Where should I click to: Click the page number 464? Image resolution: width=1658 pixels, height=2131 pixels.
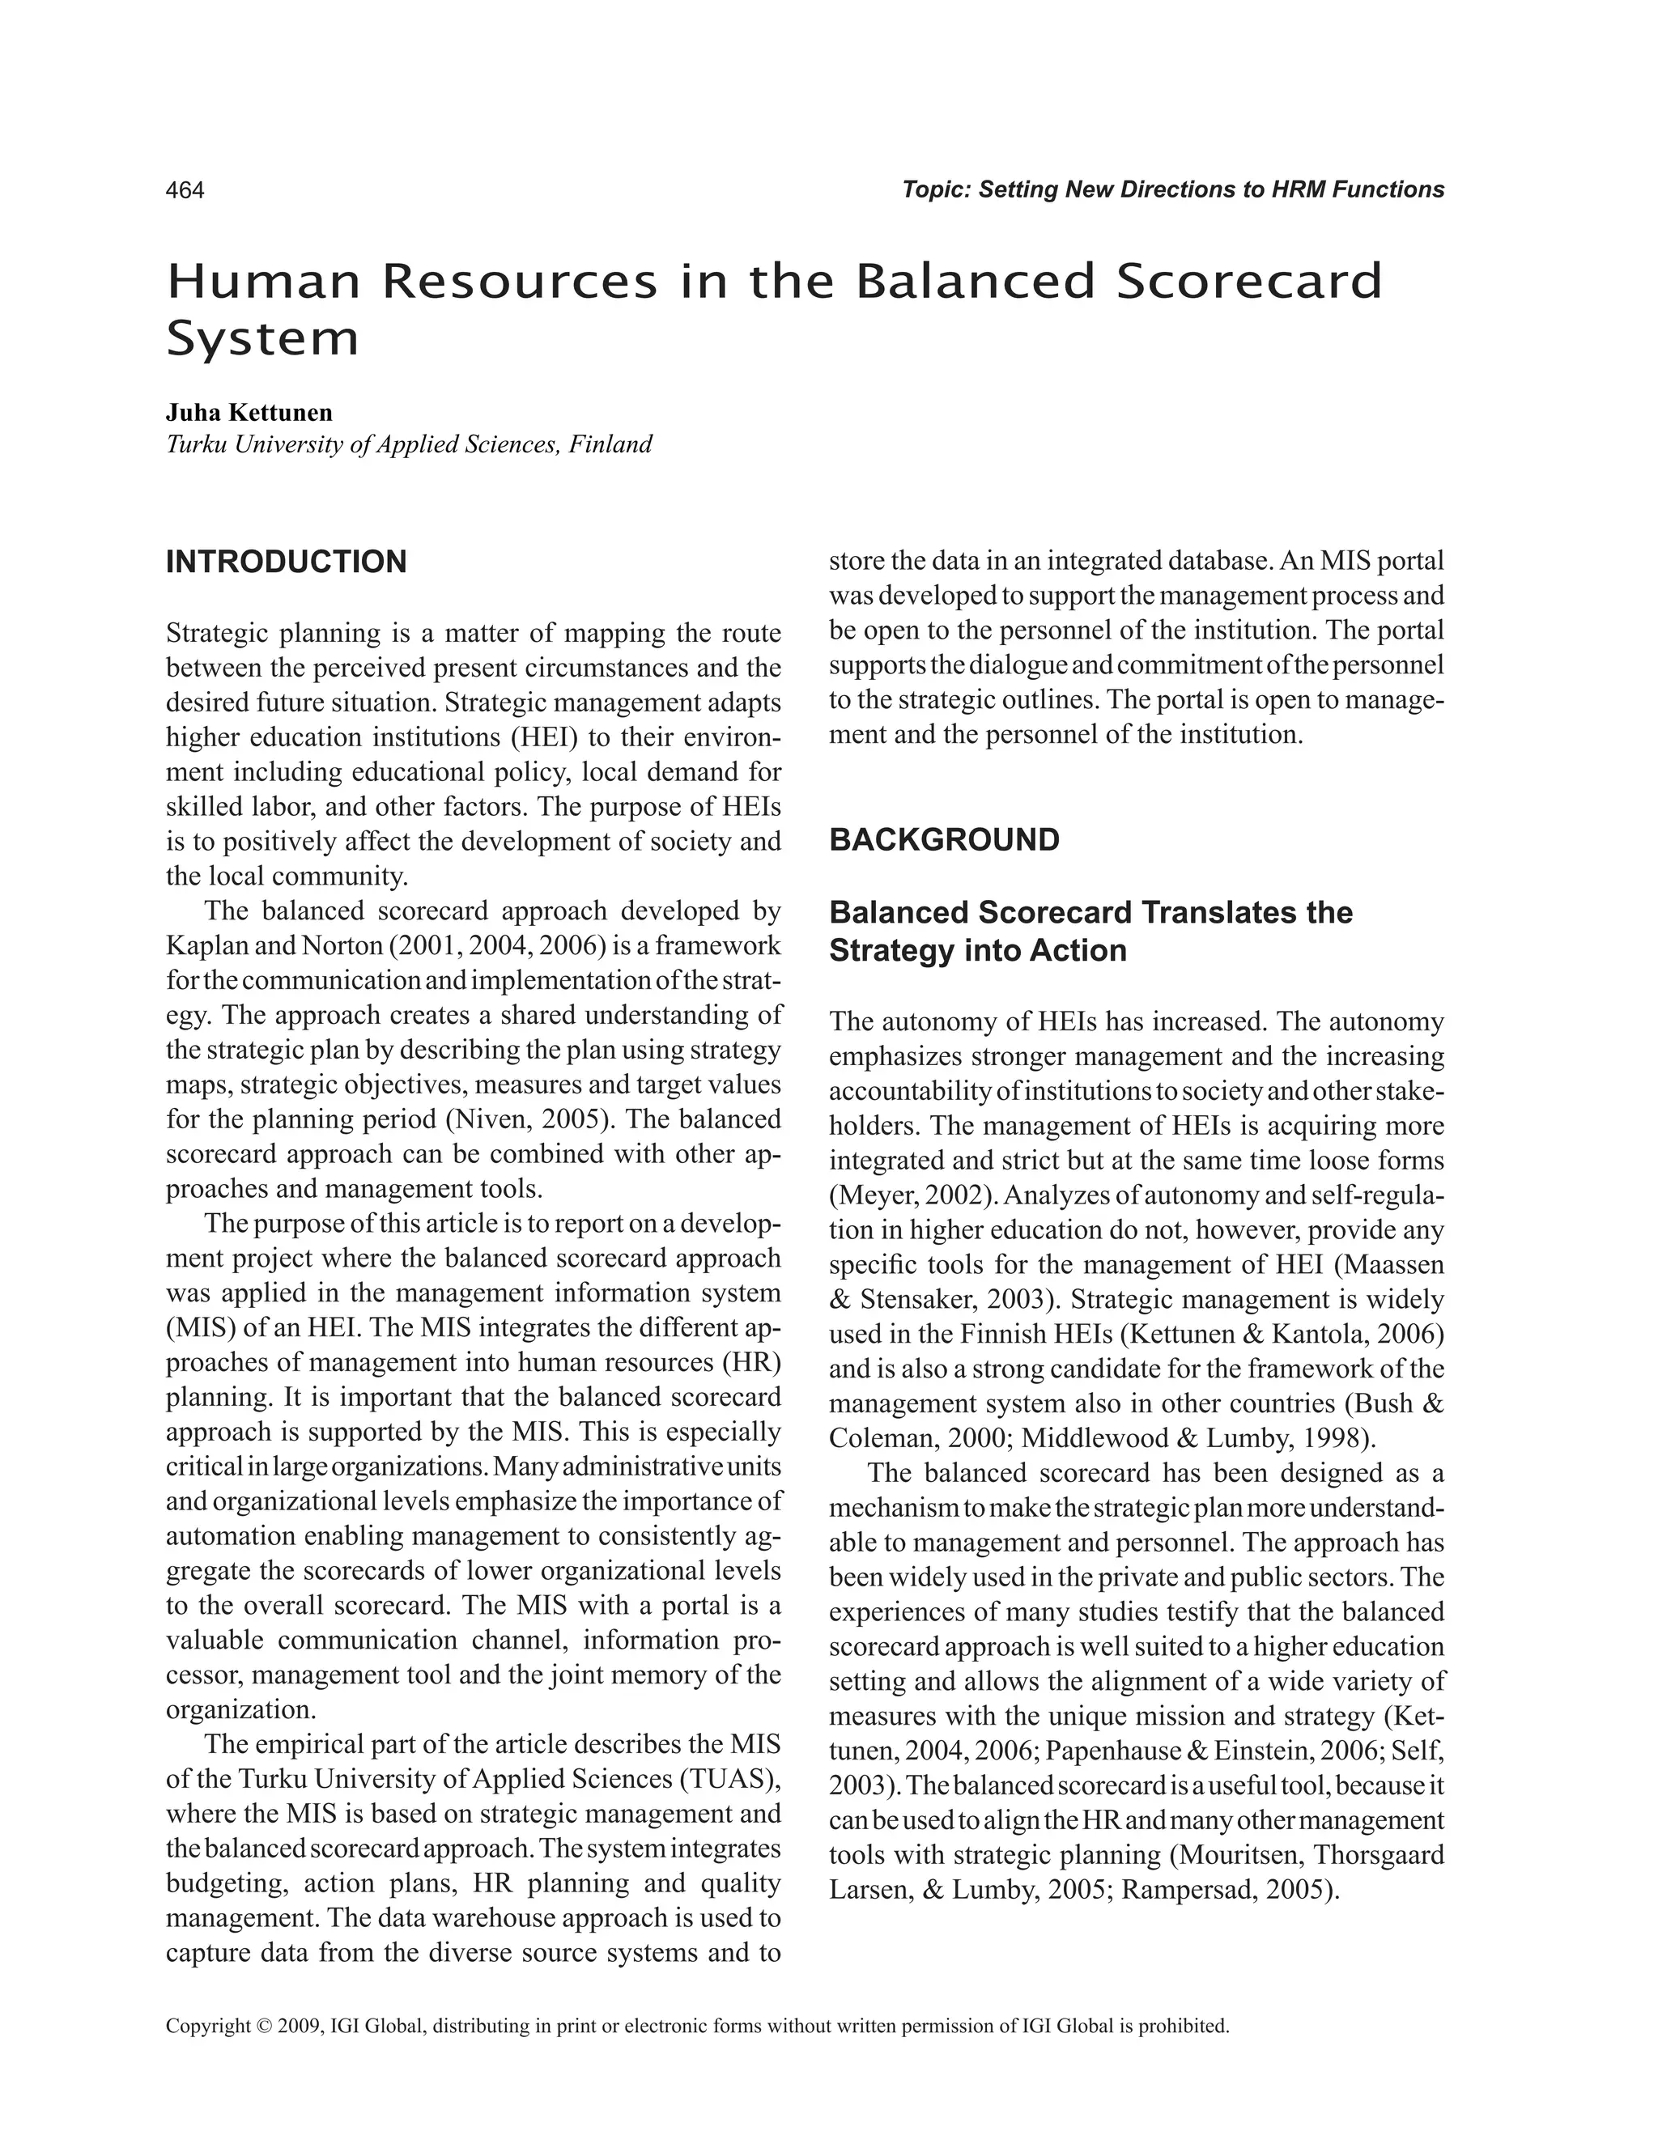(185, 190)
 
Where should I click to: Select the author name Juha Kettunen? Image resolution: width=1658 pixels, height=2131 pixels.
(249, 413)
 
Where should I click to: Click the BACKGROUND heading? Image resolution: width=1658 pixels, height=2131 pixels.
(944, 840)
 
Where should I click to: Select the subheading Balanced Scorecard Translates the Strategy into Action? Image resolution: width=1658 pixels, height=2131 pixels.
(1090, 932)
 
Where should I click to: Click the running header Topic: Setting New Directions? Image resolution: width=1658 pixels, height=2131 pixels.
(1172, 190)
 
